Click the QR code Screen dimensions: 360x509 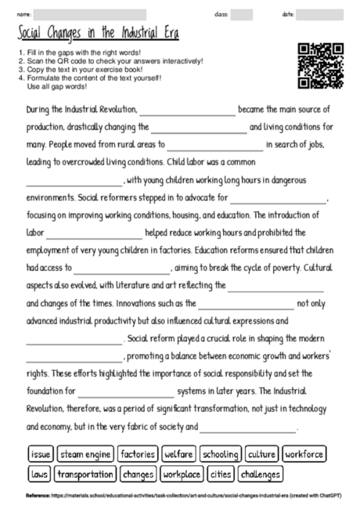pyautogui.click(x=321, y=66)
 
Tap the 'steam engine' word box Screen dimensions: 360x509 pyautogui.click(x=85, y=454)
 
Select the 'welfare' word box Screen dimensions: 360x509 pyautogui.click(x=178, y=454)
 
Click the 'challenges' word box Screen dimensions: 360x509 pyautogui.click(x=261, y=474)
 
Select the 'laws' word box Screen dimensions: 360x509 pyautogui.click(x=38, y=474)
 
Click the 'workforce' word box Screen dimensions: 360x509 pyautogui.click(x=303, y=454)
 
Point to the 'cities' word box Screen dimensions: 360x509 pyautogui.click(x=221, y=474)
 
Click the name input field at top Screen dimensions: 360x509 pyautogui.click(x=90, y=14)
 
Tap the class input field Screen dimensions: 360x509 pyautogui.click(x=242, y=14)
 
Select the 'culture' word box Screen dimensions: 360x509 pyautogui.click(x=261, y=454)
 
